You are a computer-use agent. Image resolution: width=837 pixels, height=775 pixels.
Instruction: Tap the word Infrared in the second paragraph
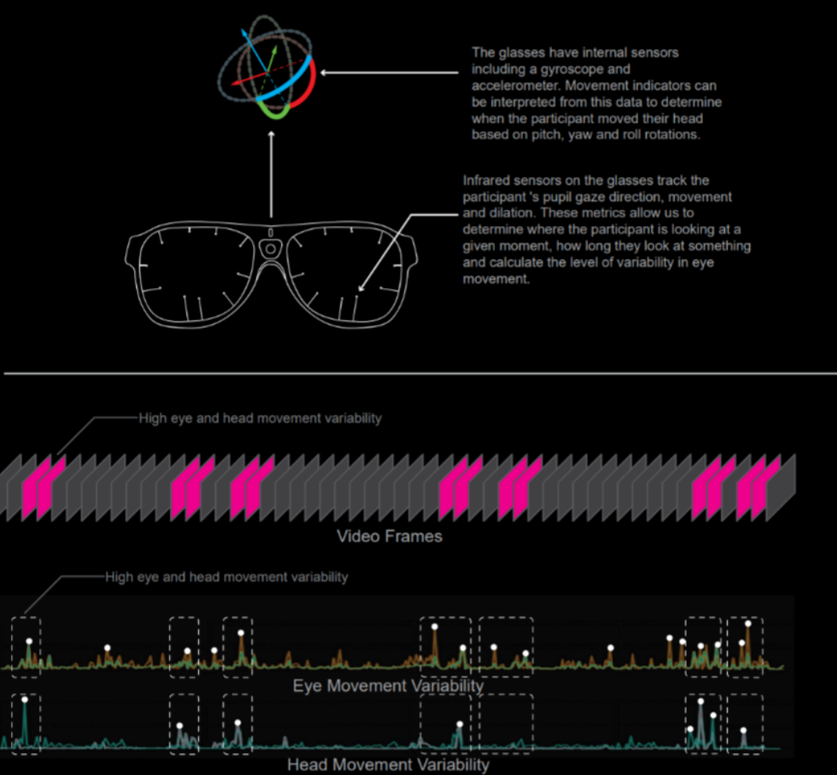489,181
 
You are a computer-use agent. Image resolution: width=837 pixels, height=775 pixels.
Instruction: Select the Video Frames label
389,537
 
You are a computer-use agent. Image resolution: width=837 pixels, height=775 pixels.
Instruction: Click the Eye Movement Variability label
388,686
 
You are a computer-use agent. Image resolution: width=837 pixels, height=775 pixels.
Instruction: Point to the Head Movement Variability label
388,765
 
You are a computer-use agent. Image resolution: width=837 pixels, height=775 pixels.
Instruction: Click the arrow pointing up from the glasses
271,172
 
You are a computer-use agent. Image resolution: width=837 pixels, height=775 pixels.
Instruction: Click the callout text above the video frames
260,419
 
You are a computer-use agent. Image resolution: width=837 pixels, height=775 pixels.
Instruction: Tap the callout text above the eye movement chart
226,578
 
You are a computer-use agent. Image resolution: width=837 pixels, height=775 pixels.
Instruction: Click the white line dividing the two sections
418,373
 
